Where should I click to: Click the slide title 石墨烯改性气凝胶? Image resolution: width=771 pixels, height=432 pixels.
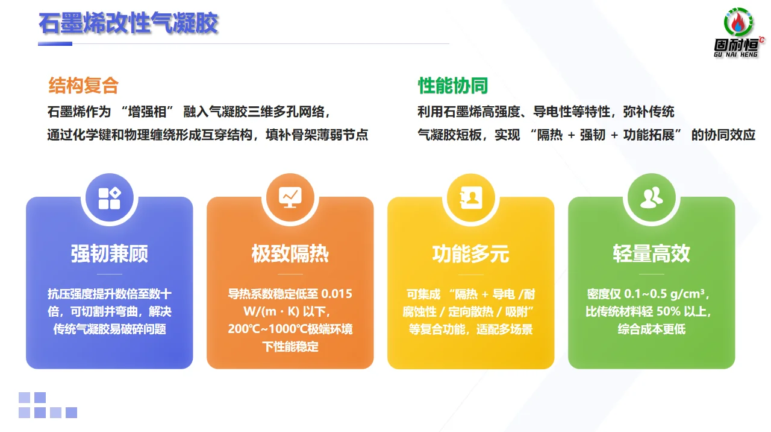pos(128,24)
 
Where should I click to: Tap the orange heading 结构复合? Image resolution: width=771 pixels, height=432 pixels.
pos(84,86)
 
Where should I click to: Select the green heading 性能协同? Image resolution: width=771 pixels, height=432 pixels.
pos(453,86)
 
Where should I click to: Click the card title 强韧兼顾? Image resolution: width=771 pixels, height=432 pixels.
pos(109,253)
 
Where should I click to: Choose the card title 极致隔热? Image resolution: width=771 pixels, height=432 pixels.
pos(290,253)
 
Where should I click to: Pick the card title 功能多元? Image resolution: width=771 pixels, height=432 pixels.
pos(470,253)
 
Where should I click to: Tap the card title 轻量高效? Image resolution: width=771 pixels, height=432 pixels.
pos(651,253)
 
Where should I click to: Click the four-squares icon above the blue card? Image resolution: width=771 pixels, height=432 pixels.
pos(109,197)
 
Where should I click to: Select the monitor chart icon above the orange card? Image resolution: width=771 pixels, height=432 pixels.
pos(290,197)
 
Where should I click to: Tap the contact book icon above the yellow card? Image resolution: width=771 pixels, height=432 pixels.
pos(470,197)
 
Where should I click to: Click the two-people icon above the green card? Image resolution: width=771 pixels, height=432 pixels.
pos(651,197)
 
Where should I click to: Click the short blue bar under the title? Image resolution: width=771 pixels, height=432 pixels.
pos(55,43)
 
